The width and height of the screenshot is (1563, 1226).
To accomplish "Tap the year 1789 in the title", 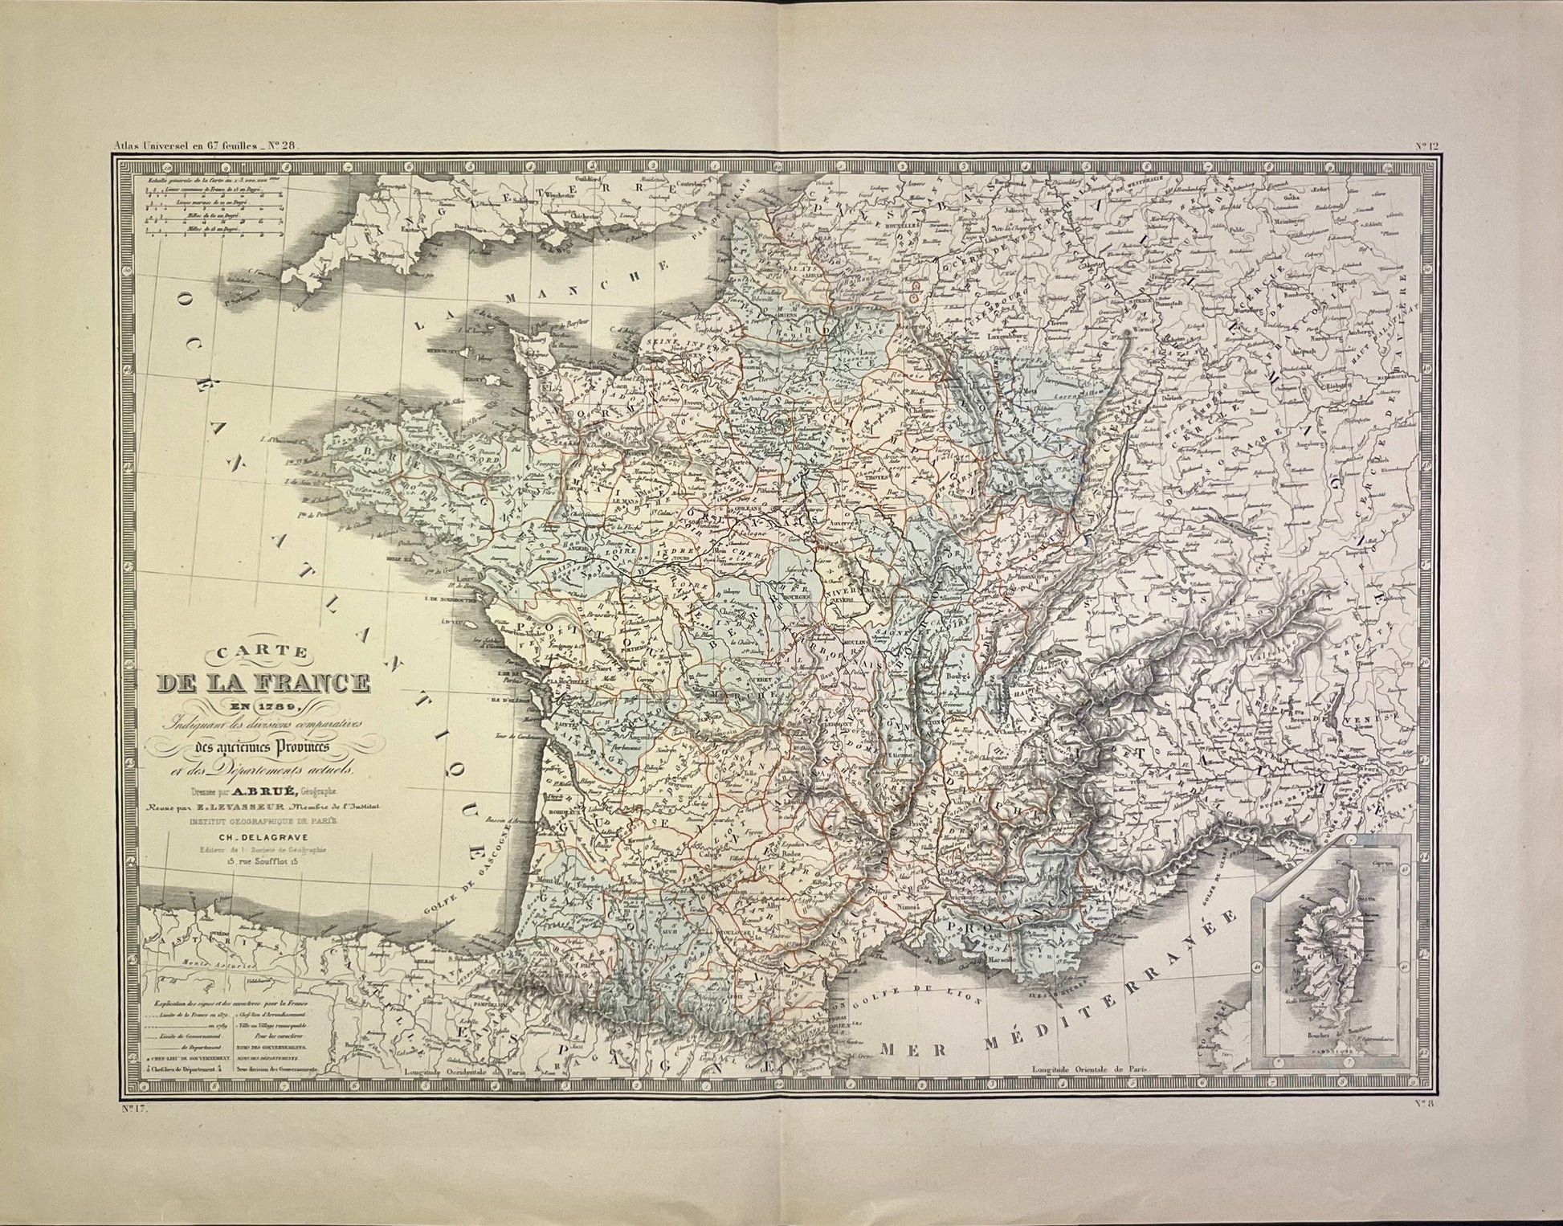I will (271, 708).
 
